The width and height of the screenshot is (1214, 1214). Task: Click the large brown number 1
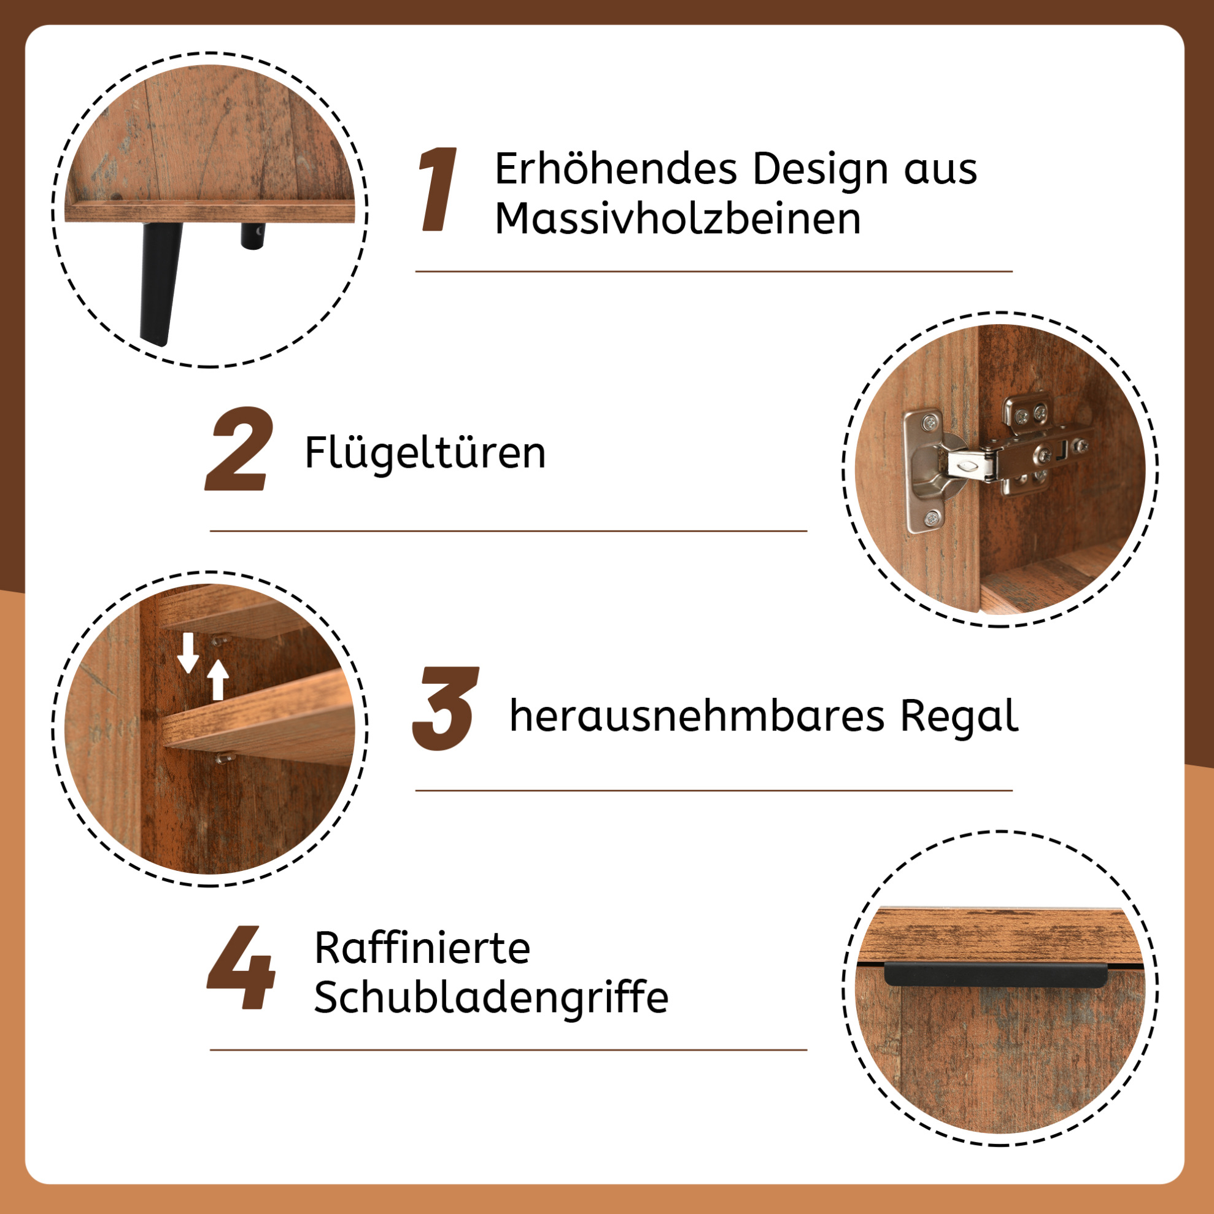[x=438, y=189]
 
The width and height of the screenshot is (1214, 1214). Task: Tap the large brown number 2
[x=240, y=449]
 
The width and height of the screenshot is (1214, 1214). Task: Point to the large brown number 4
[x=241, y=967]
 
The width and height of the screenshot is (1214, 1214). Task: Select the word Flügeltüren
[x=425, y=452]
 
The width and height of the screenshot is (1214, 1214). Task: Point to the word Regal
[x=959, y=717]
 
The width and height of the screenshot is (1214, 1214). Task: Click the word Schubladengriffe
[x=491, y=998]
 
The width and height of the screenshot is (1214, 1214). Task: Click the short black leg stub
[x=253, y=236]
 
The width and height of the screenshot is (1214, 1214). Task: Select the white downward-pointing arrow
[x=188, y=652]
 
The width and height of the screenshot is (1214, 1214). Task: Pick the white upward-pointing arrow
[x=218, y=679]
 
